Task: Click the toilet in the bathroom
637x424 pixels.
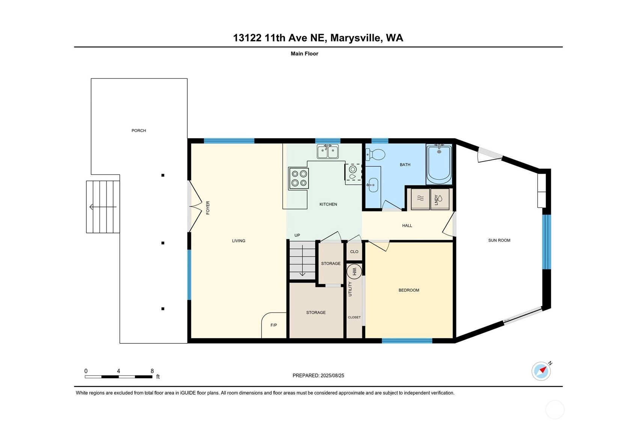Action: coord(375,155)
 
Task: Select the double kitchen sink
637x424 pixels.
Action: coord(328,152)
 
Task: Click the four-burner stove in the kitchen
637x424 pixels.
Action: coord(298,179)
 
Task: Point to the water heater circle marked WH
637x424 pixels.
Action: coord(354,271)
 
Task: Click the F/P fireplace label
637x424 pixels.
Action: coord(274,325)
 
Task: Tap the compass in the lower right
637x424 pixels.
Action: coord(541,371)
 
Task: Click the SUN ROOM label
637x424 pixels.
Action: coord(499,240)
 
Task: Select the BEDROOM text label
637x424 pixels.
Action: coord(409,290)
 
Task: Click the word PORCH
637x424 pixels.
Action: coord(139,131)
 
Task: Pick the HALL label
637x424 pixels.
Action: coord(407,226)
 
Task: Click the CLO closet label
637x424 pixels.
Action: coord(354,251)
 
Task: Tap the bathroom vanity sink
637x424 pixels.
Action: coord(373,185)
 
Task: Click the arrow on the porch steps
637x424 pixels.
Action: coord(103,207)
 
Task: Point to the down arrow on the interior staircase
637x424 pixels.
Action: coord(302,260)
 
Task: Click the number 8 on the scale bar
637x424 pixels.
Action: coord(152,371)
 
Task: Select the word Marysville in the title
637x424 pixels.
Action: coord(355,38)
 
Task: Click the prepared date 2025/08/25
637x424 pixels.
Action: coord(332,375)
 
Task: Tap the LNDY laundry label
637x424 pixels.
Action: coord(436,200)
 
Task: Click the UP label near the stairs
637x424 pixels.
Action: coord(297,235)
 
